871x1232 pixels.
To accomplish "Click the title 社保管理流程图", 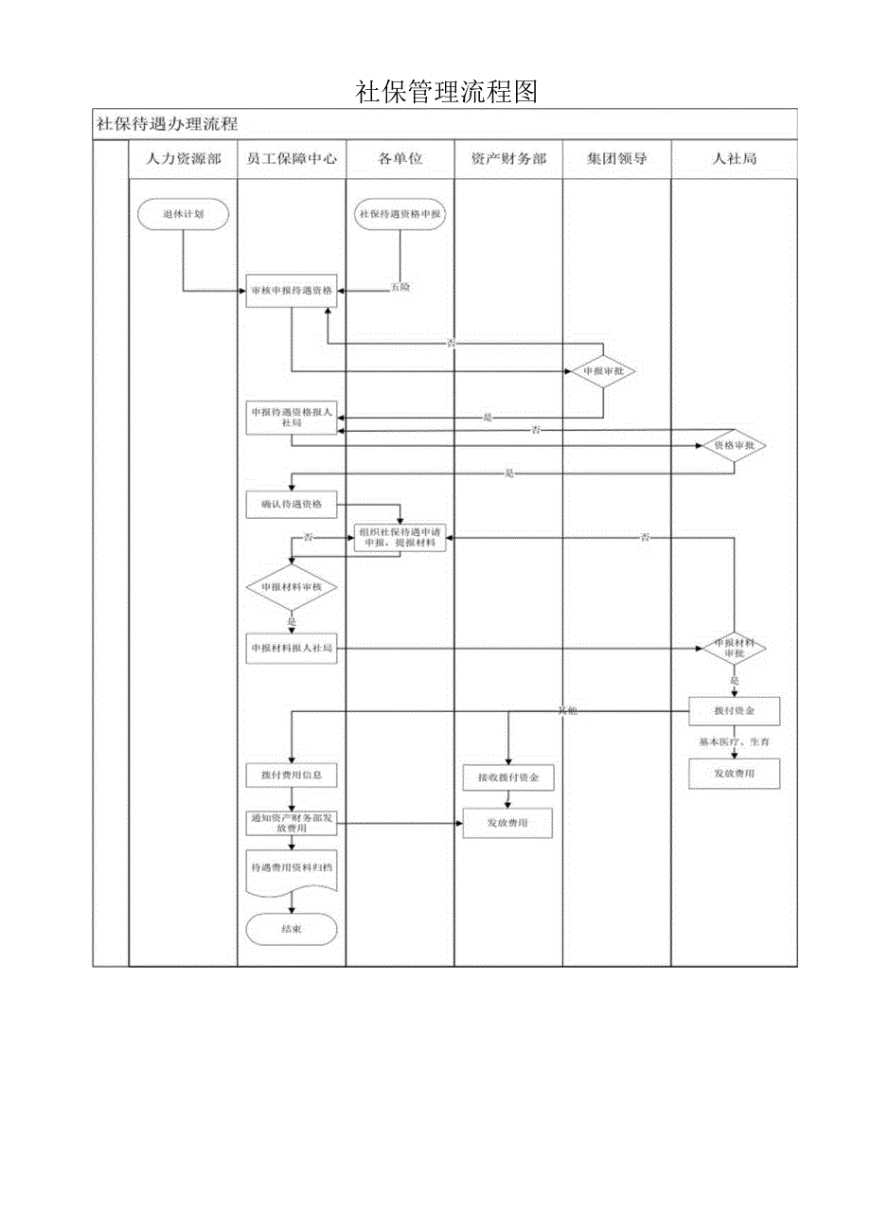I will pyautogui.click(x=447, y=92).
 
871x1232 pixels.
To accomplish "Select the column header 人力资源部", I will pyautogui.click(x=183, y=158).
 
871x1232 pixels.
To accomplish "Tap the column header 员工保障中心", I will pyautogui.click(x=292, y=158).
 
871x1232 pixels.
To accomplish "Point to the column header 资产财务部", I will pyautogui.click(x=508, y=158).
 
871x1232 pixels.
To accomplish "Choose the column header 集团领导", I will pyautogui.click(x=617, y=158).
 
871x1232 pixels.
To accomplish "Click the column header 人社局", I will pyautogui.click(x=734, y=158).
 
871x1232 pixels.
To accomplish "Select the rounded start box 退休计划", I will pyautogui.click(x=183, y=214).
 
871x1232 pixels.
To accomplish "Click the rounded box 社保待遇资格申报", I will pyautogui.click(x=400, y=214).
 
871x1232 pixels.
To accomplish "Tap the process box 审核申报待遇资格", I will pyautogui.click(x=292, y=291).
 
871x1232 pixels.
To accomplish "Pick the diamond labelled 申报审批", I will pyautogui.click(x=603, y=371).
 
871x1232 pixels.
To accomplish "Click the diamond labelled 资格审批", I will pyautogui.click(x=734, y=444).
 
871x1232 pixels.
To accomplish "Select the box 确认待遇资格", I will pyautogui.click(x=292, y=505).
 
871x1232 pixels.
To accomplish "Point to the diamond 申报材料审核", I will pyautogui.click(x=292, y=588).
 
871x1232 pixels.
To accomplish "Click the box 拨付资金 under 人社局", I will pyautogui.click(x=734, y=709).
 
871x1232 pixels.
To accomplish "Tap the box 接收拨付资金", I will pyautogui.click(x=508, y=778).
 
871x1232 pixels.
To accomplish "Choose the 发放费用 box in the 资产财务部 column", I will pyautogui.click(x=508, y=823).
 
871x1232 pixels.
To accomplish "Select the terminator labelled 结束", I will pyautogui.click(x=292, y=929).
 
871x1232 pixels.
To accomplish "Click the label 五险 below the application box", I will pyautogui.click(x=400, y=287).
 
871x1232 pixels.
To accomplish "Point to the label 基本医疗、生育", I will pyautogui.click(x=734, y=741).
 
